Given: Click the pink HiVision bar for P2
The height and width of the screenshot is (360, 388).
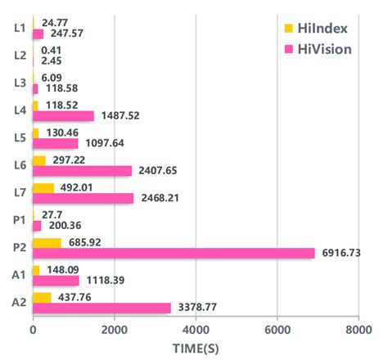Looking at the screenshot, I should click(174, 253).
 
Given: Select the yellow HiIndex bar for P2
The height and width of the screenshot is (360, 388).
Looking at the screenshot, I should click(47, 242).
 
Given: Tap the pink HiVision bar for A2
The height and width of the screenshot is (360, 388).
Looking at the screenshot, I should click(102, 308).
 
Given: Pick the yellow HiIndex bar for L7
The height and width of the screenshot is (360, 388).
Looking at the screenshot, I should click(43, 187).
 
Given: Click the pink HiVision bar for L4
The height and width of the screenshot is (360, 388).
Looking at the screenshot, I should click(63, 116).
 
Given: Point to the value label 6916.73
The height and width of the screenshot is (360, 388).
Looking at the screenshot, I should click(343, 254).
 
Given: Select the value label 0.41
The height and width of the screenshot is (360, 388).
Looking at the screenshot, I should click(49, 50).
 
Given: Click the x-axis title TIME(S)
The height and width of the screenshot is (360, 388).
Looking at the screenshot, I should click(196, 349).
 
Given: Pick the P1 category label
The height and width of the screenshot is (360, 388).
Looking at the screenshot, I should click(18, 220).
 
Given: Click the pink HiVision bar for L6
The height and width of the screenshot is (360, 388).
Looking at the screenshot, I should click(82, 171).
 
